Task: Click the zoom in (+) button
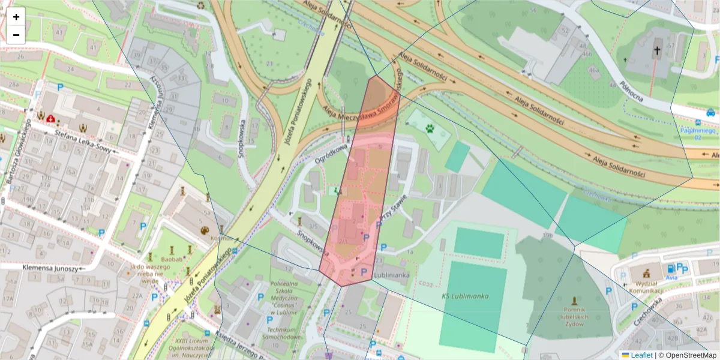[16, 17]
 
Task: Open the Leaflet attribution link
[641, 355]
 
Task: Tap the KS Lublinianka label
[466, 296]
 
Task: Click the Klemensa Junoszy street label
[50, 268]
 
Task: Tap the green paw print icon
[430, 128]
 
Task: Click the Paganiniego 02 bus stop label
[698, 133]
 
